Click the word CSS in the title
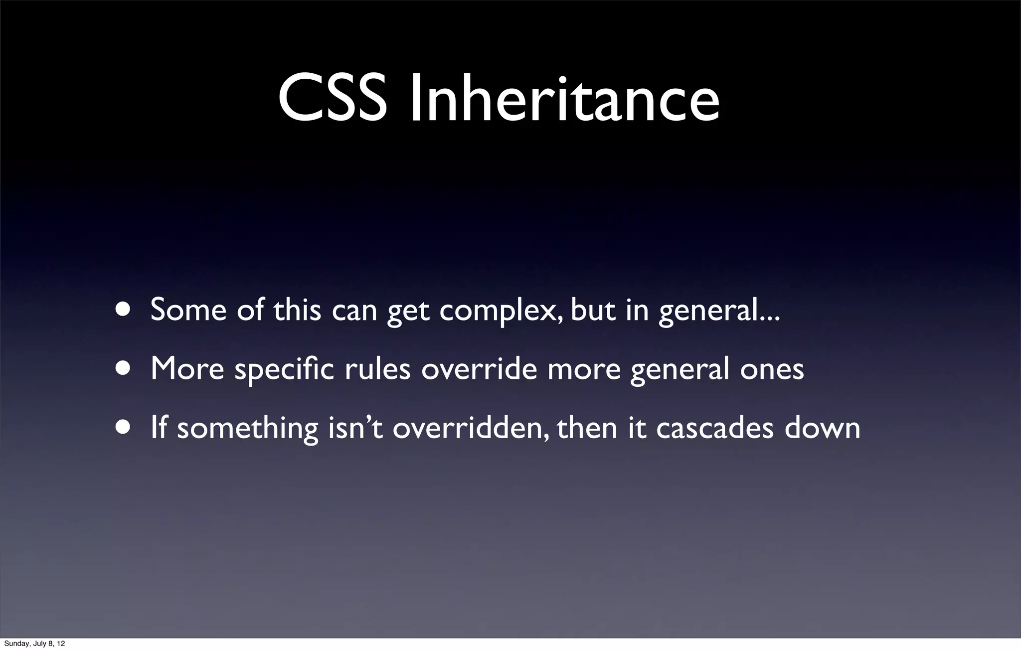(x=333, y=100)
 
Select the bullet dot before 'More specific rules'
(x=122, y=369)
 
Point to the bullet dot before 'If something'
(x=122, y=428)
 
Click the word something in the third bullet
(x=248, y=429)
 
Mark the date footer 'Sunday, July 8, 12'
(x=34, y=644)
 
